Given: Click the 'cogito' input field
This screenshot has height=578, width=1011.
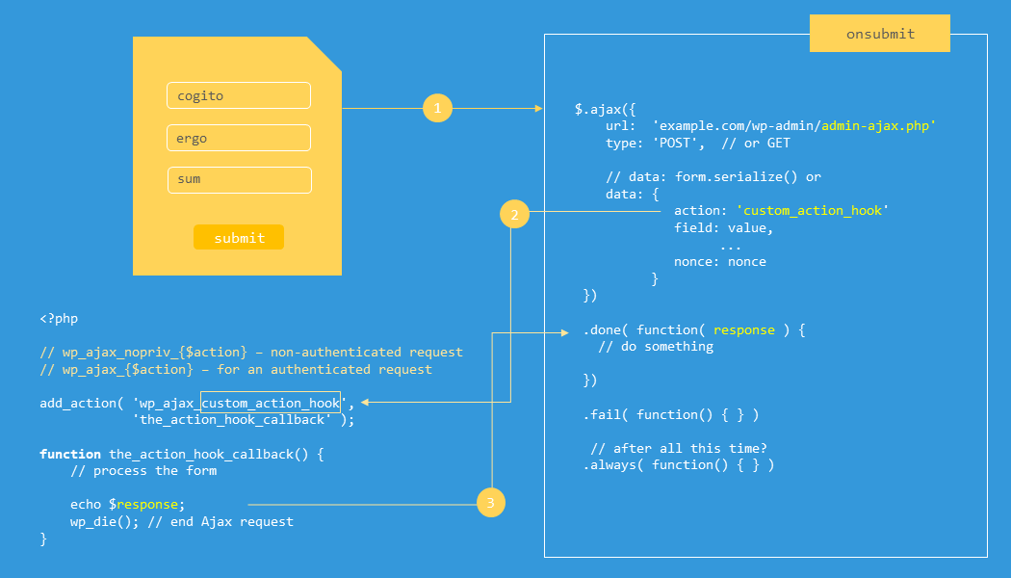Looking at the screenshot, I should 239,95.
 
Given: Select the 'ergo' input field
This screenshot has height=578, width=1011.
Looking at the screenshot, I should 239,138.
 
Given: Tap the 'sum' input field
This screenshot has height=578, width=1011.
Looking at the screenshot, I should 239,180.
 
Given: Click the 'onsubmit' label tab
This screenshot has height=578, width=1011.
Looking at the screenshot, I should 880,34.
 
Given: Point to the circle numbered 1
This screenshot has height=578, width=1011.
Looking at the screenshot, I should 437,109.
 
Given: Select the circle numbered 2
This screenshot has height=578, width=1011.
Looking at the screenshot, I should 514,214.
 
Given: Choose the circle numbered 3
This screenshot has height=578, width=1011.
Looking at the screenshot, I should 490,503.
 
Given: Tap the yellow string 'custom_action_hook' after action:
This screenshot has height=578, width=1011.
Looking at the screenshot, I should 813,210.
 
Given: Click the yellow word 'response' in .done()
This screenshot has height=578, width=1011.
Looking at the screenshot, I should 744,329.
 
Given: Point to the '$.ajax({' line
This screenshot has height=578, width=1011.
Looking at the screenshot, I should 606,108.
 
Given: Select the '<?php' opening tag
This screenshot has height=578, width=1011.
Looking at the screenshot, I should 59,318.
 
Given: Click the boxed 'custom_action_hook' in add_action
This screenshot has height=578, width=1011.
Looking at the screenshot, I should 271,403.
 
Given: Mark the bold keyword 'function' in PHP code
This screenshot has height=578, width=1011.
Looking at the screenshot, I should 70,454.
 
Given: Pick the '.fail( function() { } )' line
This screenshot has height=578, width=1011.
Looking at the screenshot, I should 671,414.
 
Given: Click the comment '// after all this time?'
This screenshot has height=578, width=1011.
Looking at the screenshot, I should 679,448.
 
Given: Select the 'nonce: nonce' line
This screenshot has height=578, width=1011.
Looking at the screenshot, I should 720,261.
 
